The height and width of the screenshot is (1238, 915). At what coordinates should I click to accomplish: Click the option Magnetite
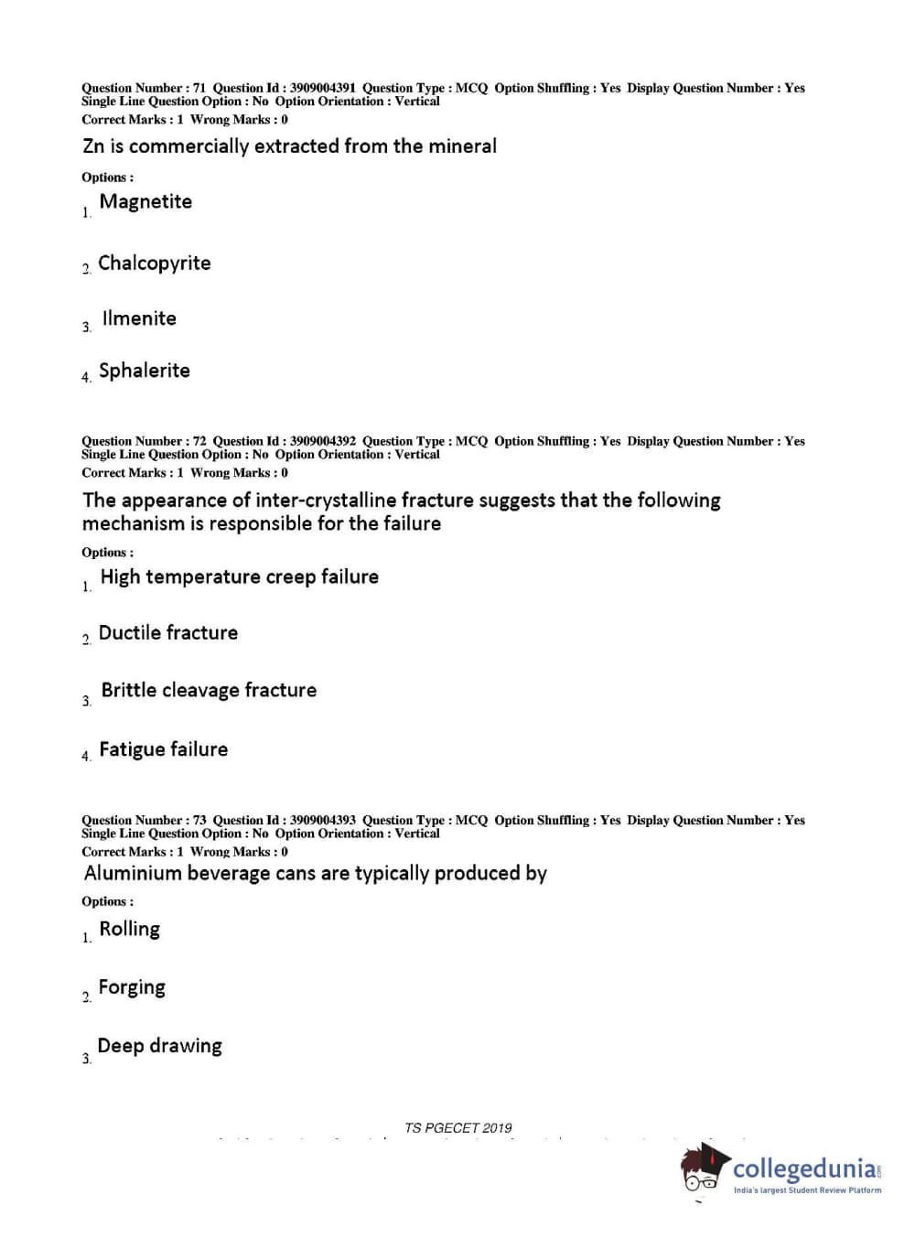[145, 201]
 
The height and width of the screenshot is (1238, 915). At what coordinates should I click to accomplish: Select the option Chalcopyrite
[154, 264]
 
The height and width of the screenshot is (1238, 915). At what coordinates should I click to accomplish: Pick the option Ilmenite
[139, 318]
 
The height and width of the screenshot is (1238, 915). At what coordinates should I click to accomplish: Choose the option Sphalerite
[145, 371]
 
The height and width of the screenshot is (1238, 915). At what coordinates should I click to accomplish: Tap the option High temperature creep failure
[239, 576]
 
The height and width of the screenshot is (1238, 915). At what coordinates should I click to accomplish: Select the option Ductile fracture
[168, 633]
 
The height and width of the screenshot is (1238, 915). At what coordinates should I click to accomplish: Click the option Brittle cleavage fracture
[209, 690]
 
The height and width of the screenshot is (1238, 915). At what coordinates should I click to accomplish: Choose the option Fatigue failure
[163, 749]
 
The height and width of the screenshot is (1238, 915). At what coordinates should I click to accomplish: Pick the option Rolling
[129, 930]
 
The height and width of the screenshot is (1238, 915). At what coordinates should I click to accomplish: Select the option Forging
[132, 987]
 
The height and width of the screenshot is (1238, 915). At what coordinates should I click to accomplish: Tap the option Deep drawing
[159, 1046]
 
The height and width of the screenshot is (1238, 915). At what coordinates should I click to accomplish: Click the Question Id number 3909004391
[323, 88]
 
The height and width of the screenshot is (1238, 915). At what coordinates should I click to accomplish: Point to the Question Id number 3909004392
[323, 441]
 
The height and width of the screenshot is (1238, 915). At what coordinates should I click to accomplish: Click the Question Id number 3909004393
[323, 820]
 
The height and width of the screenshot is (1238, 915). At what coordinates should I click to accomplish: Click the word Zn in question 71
[93, 146]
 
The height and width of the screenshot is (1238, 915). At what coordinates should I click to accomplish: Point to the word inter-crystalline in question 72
[326, 501]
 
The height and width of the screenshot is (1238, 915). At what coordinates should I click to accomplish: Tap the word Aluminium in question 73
[133, 874]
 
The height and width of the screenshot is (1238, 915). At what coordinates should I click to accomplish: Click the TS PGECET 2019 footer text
[457, 1128]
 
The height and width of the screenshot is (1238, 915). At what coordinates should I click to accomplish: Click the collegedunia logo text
[805, 1169]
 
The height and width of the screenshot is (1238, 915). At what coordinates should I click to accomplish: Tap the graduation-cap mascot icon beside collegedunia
[703, 1168]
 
